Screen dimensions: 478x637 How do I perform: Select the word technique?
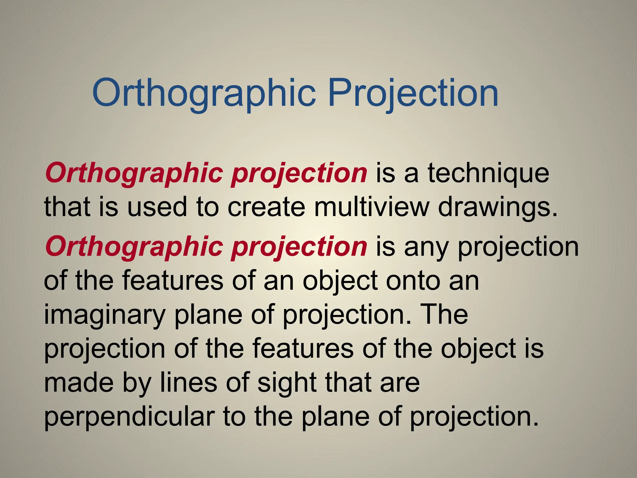coord(488,173)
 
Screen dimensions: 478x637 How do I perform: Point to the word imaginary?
coord(104,315)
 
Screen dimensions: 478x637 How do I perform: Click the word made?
coord(79,382)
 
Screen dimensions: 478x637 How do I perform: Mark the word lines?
coord(188,382)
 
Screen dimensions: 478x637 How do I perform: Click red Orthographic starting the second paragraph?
coord(134,247)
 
